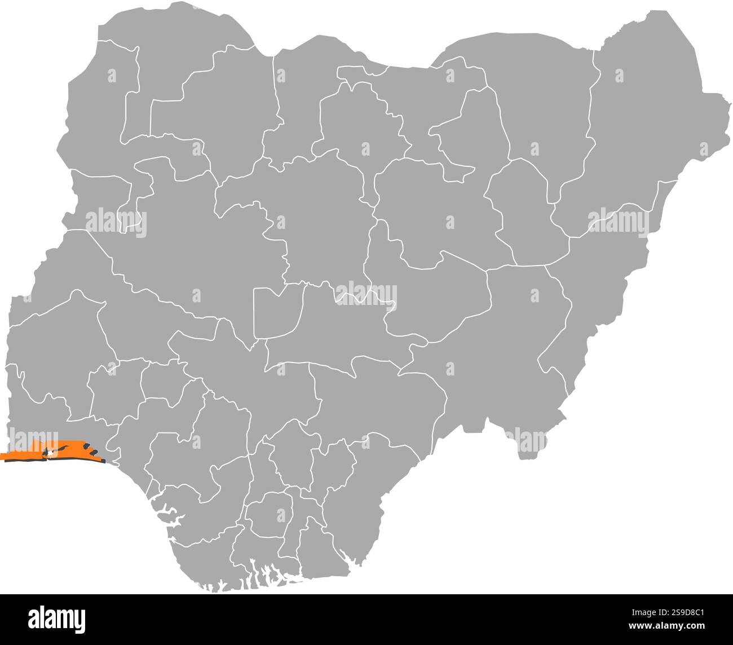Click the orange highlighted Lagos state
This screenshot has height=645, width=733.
click(x=34, y=450)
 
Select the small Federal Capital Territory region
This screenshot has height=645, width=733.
click(x=276, y=313)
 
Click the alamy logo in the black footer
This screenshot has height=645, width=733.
click(x=57, y=619)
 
